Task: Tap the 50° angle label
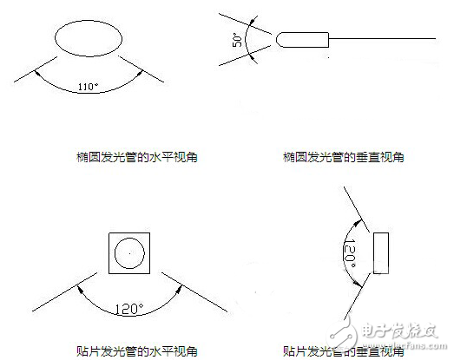click(235, 40)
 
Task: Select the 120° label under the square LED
click(128, 306)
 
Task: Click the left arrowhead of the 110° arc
click(39, 74)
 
